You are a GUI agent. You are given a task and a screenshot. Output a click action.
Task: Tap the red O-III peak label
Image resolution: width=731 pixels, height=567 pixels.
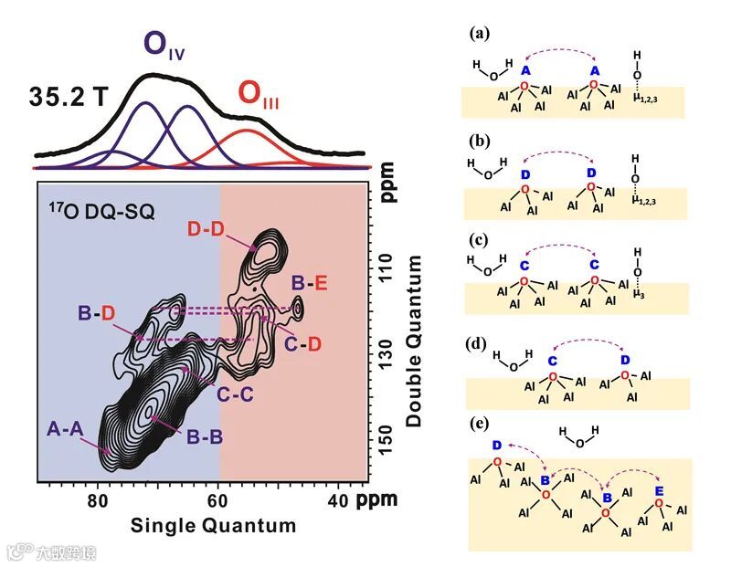(259, 93)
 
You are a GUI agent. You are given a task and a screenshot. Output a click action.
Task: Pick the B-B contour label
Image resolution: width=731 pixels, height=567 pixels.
(205, 437)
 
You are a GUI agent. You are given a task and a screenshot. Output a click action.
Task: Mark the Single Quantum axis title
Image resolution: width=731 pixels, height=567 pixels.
(213, 526)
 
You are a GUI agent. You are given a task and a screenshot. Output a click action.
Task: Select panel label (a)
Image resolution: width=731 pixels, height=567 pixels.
(480, 34)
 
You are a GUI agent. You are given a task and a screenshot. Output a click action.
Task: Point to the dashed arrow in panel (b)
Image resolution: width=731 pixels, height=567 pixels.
(558, 154)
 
